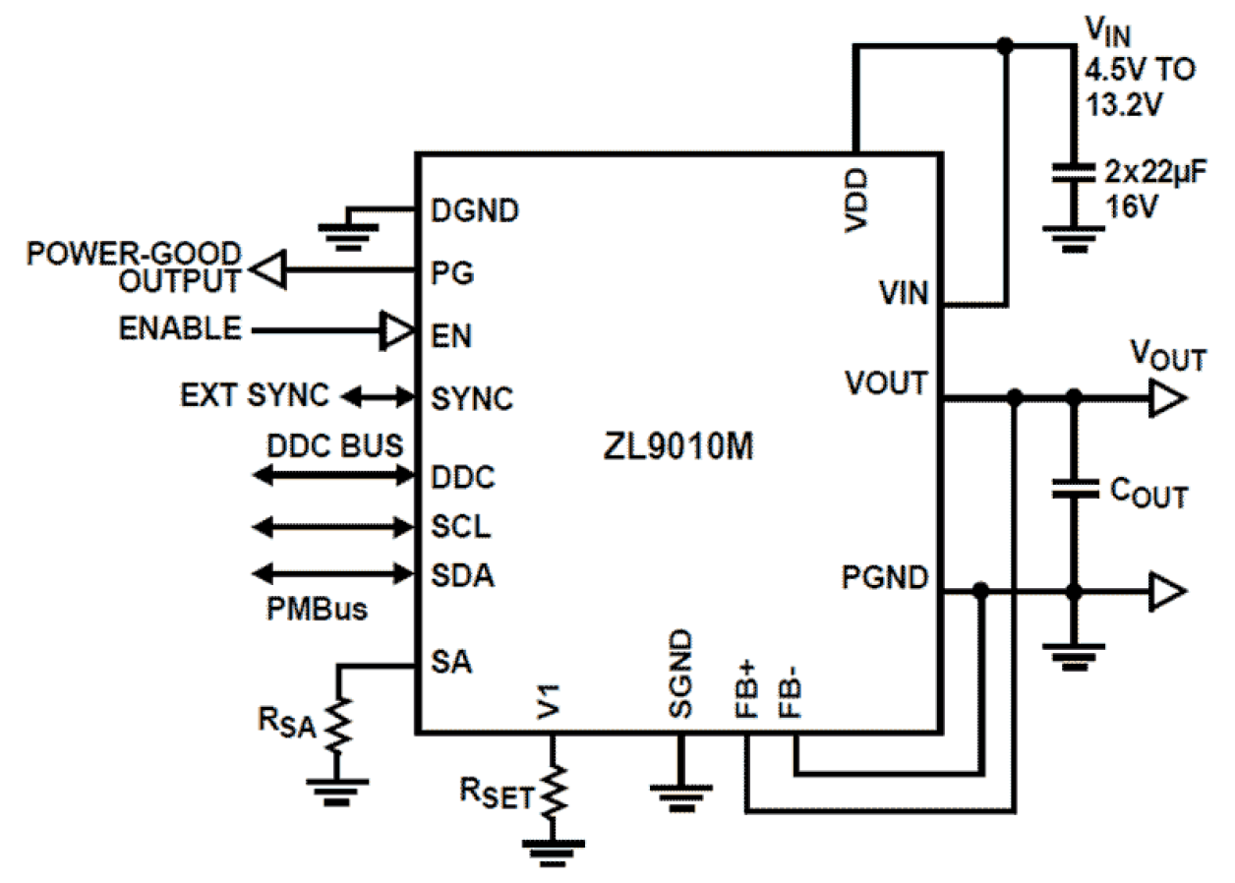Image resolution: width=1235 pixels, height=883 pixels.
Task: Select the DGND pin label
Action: [475, 210]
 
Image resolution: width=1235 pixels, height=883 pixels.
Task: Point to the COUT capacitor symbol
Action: [1074, 489]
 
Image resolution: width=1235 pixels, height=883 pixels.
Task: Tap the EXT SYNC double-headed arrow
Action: [378, 397]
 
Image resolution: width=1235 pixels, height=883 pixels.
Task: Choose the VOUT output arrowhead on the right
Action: [1168, 397]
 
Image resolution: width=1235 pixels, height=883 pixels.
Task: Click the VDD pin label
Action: [855, 202]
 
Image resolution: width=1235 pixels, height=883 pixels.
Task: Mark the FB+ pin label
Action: [747, 688]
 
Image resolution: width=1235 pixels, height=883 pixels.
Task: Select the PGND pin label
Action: [885, 578]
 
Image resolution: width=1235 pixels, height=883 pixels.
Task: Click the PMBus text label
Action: [317, 609]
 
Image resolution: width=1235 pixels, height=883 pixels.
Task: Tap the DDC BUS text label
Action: [335, 445]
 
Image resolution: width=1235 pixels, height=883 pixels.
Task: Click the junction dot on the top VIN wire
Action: [1004, 45]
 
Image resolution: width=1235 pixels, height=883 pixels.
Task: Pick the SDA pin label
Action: [462, 576]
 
